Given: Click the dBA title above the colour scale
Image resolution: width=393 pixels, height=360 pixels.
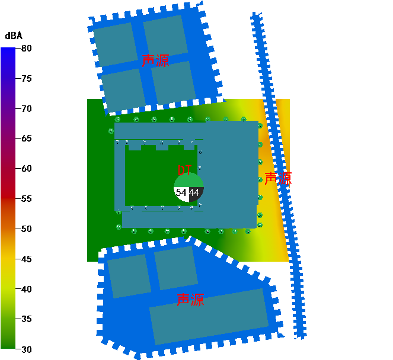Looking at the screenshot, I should coord(14,36).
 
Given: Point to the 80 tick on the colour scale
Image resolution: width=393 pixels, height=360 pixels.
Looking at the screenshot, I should coord(27,48).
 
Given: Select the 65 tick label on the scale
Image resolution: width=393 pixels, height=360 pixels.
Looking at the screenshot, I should coord(27,139).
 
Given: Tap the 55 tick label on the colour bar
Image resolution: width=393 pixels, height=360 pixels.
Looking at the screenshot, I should coord(27,199).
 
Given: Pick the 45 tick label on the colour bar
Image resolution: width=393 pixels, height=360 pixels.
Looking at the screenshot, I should coord(27,259).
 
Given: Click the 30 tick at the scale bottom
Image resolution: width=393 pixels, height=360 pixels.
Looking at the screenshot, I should coord(27,349).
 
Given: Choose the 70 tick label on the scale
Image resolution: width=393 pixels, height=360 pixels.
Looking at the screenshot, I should coord(27,108).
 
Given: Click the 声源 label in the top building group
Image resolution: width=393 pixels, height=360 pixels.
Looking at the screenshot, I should coord(155,61).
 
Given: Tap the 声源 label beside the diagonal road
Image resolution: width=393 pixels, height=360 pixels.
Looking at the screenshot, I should coord(277,179).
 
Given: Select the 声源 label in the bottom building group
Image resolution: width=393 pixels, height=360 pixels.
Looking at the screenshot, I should coord(190,300).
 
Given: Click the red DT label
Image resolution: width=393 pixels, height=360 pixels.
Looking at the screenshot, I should coord(185,171).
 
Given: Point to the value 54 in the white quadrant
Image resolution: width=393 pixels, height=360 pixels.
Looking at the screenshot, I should coord(181,193).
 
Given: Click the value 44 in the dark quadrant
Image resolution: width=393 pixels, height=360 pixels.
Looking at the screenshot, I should coord(194,193).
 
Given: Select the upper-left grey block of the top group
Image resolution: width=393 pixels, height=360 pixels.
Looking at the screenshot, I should coord(115,44).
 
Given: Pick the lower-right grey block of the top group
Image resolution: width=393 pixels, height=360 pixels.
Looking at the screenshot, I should coord(173,83).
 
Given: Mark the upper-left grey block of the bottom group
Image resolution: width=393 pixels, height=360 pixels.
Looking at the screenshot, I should coord(129,275).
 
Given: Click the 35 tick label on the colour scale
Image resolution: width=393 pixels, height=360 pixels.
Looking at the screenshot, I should coord(27,319).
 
